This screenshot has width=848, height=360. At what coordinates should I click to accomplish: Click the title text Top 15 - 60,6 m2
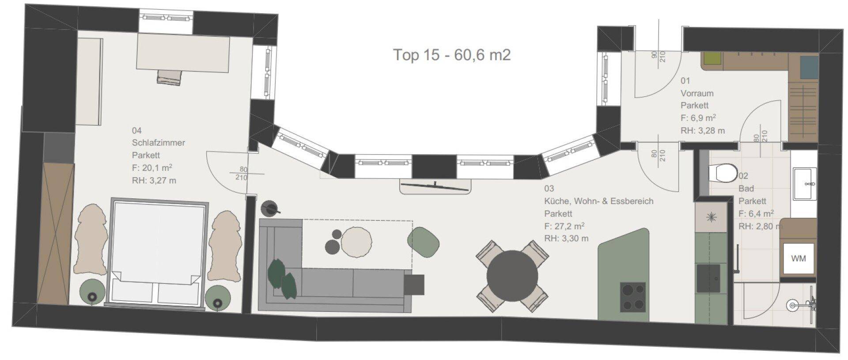[x=452, y=55]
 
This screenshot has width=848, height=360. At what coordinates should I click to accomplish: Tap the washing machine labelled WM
[x=798, y=258]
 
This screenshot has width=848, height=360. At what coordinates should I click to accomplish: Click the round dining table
[x=512, y=276]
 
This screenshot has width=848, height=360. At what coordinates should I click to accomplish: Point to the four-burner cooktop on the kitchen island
[x=633, y=297]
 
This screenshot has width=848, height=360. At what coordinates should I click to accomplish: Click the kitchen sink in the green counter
[x=708, y=278]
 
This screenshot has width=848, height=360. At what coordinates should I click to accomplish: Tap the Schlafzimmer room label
[x=159, y=143]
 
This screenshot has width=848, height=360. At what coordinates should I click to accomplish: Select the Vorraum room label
[x=697, y=93]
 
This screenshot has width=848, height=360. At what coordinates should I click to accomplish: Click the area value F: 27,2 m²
[x=564, y=226]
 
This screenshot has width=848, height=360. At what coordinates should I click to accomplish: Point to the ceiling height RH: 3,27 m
[x=154, y=180]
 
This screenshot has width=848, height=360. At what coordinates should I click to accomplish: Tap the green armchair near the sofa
[x=423, y=241]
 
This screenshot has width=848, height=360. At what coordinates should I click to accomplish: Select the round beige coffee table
[x=356, y=242]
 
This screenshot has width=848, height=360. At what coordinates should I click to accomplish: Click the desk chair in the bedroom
[x=169, y=77]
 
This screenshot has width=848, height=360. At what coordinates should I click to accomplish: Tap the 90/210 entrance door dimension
[x=658, y=56]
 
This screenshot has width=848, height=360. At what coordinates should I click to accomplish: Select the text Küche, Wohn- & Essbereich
[x=598, y=201]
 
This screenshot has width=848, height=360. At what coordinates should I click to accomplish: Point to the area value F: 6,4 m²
[x=756, y=214]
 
